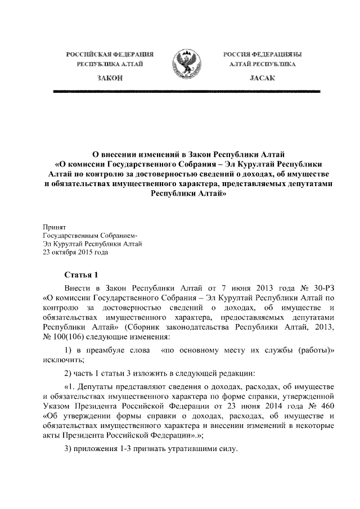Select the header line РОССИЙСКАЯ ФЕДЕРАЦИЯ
(110, 55)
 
